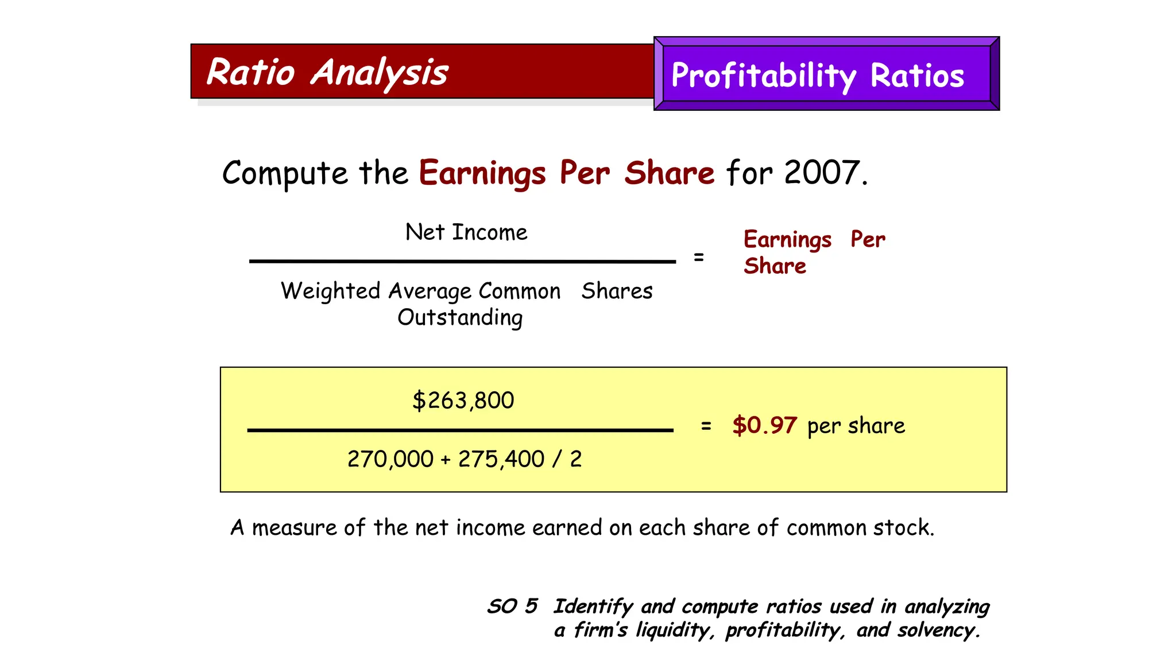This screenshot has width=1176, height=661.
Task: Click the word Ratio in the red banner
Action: pos(250,72)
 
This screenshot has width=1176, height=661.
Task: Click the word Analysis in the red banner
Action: pos(379,73)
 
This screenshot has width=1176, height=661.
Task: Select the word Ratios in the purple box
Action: pos(917,76)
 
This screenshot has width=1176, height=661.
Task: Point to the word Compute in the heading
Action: pos(285,173)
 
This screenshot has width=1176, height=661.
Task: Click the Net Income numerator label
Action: pos(466,232)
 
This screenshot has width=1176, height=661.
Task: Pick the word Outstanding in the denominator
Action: pos(460,317)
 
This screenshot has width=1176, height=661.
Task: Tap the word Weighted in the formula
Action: pos(330,291)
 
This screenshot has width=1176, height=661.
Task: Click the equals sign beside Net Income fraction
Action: pos(698,258)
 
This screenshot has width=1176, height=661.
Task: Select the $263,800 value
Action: pos(463,401)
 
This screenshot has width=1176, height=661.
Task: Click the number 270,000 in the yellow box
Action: pos(390,459)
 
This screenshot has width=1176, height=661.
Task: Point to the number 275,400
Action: pos(501,459)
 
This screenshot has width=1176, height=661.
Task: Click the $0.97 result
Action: pos(764,426)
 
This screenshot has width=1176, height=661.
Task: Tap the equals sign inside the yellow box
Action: pos(706,426)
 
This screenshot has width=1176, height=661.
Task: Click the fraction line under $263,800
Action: pos(460,430)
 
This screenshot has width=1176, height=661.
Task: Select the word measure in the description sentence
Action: pos(293,528)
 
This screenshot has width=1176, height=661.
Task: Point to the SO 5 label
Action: pos(512,606)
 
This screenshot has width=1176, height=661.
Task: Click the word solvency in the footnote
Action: pos(935,630)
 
